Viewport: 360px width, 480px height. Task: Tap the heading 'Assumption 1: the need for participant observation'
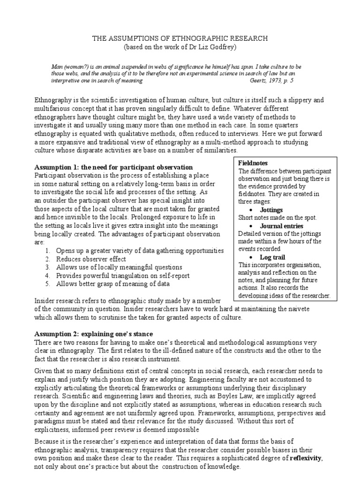(114, 167)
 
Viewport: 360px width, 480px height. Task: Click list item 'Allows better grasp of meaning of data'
(112, 284)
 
